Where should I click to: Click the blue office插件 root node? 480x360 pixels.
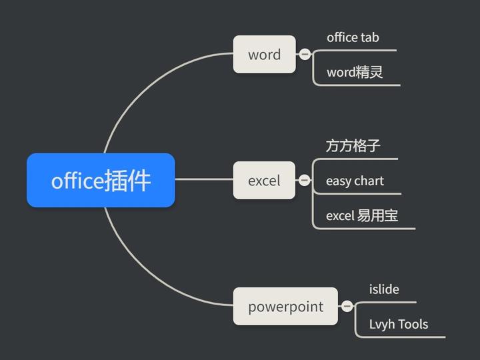(101, 180)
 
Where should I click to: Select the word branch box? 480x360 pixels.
(264, 55)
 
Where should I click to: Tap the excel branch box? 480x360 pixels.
(264, 180)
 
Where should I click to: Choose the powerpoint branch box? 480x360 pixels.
(285, 307)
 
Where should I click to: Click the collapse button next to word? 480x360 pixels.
(305, 54)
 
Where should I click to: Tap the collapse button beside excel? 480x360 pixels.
(305, 180)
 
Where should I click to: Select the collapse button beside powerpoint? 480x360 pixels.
(347, 307)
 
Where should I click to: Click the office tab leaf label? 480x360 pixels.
(353, 37)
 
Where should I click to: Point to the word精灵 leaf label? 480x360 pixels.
(355, 72)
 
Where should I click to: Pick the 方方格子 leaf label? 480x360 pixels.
(353, 145)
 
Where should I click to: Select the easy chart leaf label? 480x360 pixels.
(355, 181)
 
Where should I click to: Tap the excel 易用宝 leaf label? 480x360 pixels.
(362, 215)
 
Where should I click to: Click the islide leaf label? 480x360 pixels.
(384, 289)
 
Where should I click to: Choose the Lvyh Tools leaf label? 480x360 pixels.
(399, 325)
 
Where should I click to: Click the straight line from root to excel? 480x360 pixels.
(203, 179)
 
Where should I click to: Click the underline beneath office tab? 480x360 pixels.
(360, 50)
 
